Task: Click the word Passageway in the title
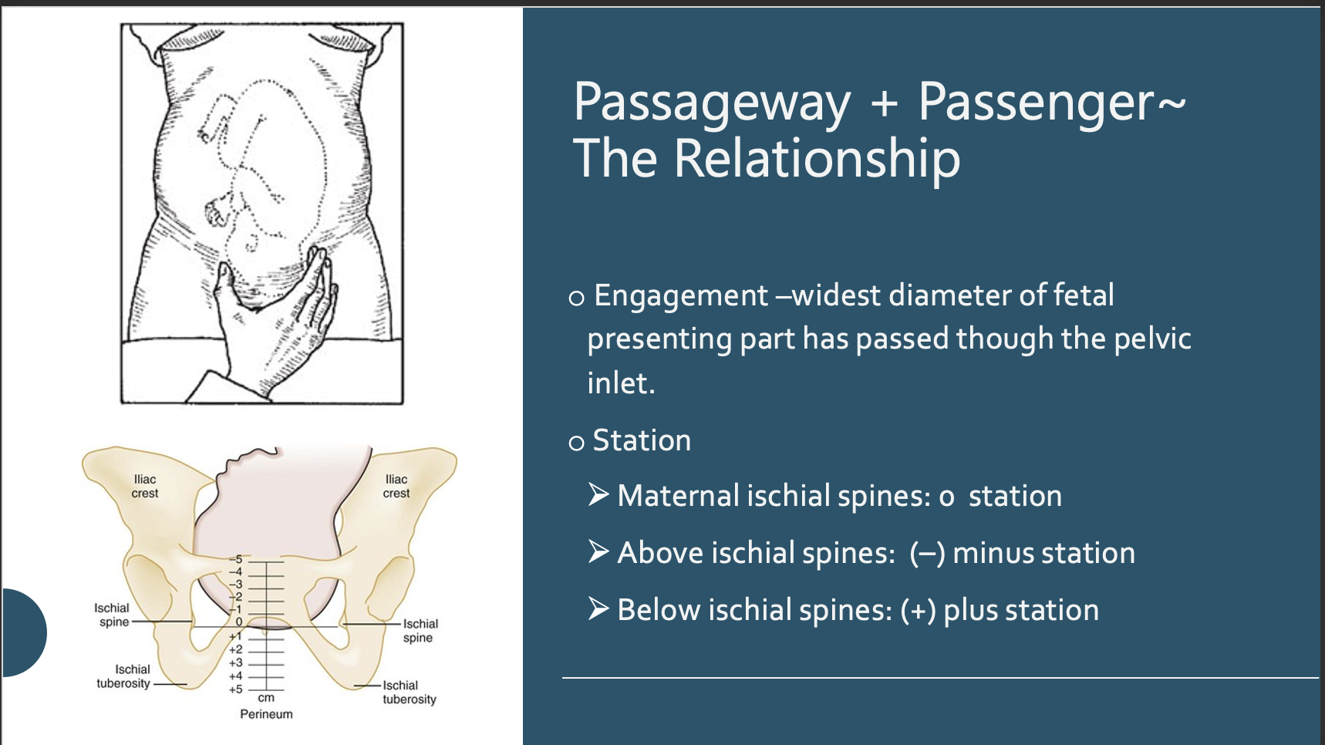tap(711, 103)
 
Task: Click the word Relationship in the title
tap(817, 160)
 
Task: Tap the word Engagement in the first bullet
tap(681, 295)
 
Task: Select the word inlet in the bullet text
tap(620, 383)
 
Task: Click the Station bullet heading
tap(641, 440)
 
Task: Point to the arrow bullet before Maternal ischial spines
tap(599, 494)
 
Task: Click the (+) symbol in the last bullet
tap(918, 610)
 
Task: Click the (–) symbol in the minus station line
tap(927, 553)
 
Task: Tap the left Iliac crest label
tap(144, 486)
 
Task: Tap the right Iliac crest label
tap(396, 486)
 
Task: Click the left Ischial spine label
tap(113, 615)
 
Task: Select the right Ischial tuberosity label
tap(409, 692)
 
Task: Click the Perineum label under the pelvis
tap(266, 714)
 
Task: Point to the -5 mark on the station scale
tap(238, 559)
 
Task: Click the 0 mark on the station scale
tap(239, 622)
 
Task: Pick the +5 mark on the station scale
tap(235, 689)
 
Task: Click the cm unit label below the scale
tap(266, 698)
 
